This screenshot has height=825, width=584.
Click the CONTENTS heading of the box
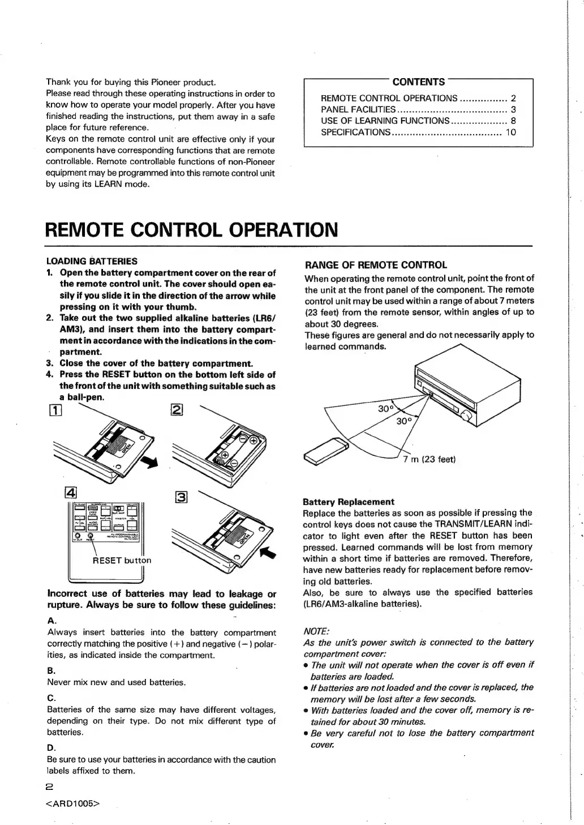[x=418, y=82]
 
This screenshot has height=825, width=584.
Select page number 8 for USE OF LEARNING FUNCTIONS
[x=513, y=121]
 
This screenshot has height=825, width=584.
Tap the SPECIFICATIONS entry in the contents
[x=355, y=132]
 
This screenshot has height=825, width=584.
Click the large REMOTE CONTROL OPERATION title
[x=191, y=230]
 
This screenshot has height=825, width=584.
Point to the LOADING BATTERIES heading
[x=91, y=262]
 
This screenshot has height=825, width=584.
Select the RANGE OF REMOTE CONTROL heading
[x=376, y=265]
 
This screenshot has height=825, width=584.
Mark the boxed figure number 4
[x=74, y=491]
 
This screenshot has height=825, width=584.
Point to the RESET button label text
[x=122, y=561]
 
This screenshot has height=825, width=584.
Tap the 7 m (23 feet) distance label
[x=430, y=459]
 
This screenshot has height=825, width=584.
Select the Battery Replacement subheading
[x=349, y=502]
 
